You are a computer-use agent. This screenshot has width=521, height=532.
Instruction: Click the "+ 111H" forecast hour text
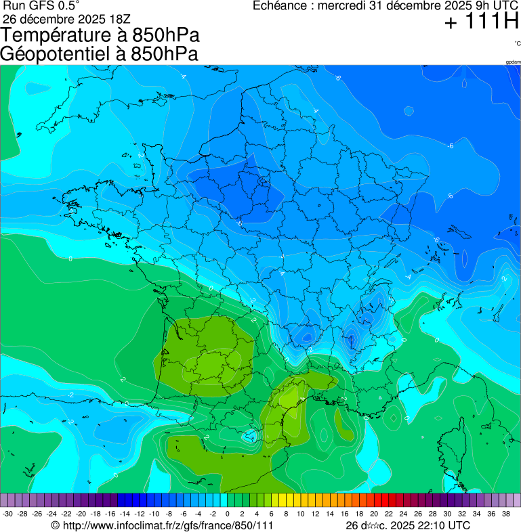click(481, 22)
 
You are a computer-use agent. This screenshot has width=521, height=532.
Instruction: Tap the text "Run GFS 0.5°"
click(41, 6)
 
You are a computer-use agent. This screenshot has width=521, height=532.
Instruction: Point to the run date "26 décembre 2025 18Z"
click(71, 18)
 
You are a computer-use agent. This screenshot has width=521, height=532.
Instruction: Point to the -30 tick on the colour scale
click(7, 514)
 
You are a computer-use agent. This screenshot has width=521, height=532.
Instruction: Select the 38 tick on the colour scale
click(505, 514)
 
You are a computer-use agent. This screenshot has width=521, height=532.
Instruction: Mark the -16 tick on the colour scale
click(110, 514)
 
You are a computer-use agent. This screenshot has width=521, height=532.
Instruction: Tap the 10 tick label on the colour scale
click(300, 514)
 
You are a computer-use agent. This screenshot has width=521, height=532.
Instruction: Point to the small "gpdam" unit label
click(513, 62)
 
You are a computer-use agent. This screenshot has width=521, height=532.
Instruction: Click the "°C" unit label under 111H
click(516, 43)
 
